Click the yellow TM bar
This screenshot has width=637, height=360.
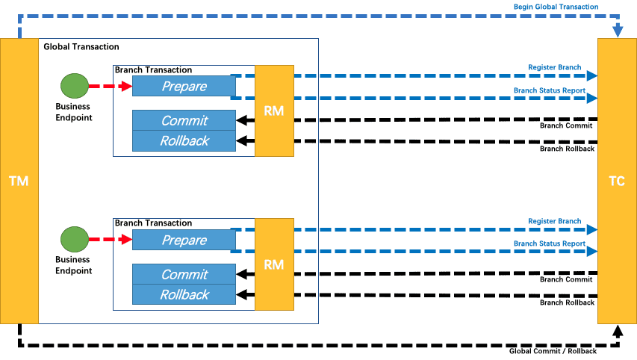point(19,181)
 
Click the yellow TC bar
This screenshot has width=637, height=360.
point(617,181)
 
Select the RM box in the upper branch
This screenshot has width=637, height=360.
point(274,111)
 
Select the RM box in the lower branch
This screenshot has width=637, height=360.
point(274,264)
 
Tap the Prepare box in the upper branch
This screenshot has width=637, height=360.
point(184,86)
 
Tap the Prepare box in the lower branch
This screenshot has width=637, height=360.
point(184,240)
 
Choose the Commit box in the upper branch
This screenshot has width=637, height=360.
point(184,120)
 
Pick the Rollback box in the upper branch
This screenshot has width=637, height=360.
point(184,140)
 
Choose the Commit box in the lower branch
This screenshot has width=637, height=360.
point(184,274)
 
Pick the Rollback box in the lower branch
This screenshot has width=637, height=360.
point(184,294)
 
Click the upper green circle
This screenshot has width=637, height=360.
point(74,86)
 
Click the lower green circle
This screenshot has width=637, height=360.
point(74,240)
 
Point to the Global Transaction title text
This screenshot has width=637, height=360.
point(81,47)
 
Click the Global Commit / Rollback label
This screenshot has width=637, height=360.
point(552,351)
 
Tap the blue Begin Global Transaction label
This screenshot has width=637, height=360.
point(556,7)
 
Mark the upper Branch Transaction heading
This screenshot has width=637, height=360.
point(153,69)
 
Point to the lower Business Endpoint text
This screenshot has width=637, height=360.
point(74,265)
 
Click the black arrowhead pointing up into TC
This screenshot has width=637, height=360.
point(617,329)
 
